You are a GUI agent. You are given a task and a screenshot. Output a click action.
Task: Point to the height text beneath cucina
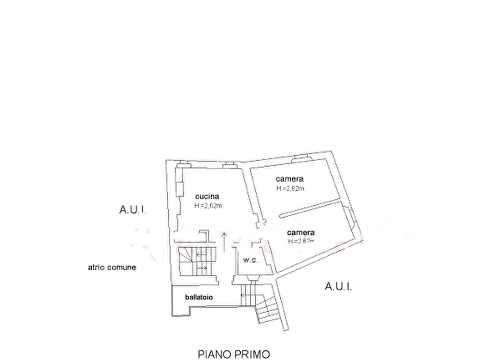pos(207,205)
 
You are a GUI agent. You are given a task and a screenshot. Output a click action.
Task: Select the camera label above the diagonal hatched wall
pos(290,178)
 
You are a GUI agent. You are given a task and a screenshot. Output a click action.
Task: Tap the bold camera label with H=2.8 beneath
pos(300,233)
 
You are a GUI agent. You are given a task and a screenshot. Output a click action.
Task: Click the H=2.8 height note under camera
pos(300,242)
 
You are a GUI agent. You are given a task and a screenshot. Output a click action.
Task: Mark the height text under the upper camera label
pos(290,188)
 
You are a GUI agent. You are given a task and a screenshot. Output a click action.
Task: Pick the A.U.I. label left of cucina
pos(132,211)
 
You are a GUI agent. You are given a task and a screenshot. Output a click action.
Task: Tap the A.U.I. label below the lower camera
pos(339,287)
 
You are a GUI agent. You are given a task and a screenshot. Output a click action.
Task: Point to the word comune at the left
pos(123,268)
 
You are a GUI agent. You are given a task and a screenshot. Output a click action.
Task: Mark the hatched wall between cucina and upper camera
pos(252,193)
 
